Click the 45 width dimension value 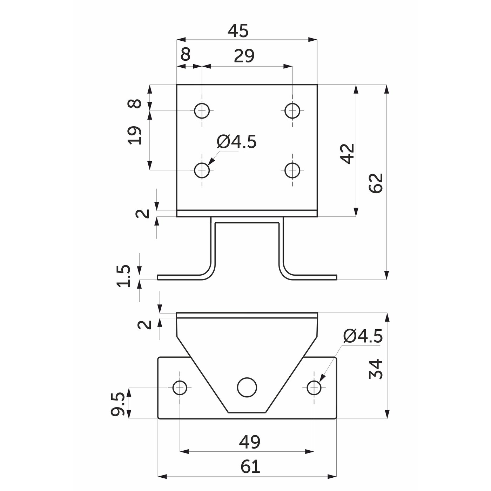[x=238, y=31]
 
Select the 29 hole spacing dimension [x=244, y=56]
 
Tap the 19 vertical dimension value [x=134, y=135]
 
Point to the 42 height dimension [x=348, y=154]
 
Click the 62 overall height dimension [x=376, y=183]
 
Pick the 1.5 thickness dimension [x=123, y=276]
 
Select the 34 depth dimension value [x=376, y=369]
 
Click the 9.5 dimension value [x=118, y=404]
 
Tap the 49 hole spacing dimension [x=250, y=442]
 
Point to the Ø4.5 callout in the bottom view [x=363, y=336]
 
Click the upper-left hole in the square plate [x=202, y=111]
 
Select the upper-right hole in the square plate [x=292, y=111]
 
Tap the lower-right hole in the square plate [x=292, y=170]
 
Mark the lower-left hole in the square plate [x=202, y=170]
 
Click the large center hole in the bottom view [x=247, y=387]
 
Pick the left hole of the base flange [x=180, y=388]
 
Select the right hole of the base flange [x=314, y=388]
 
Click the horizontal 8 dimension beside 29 [x=186, y=54]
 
